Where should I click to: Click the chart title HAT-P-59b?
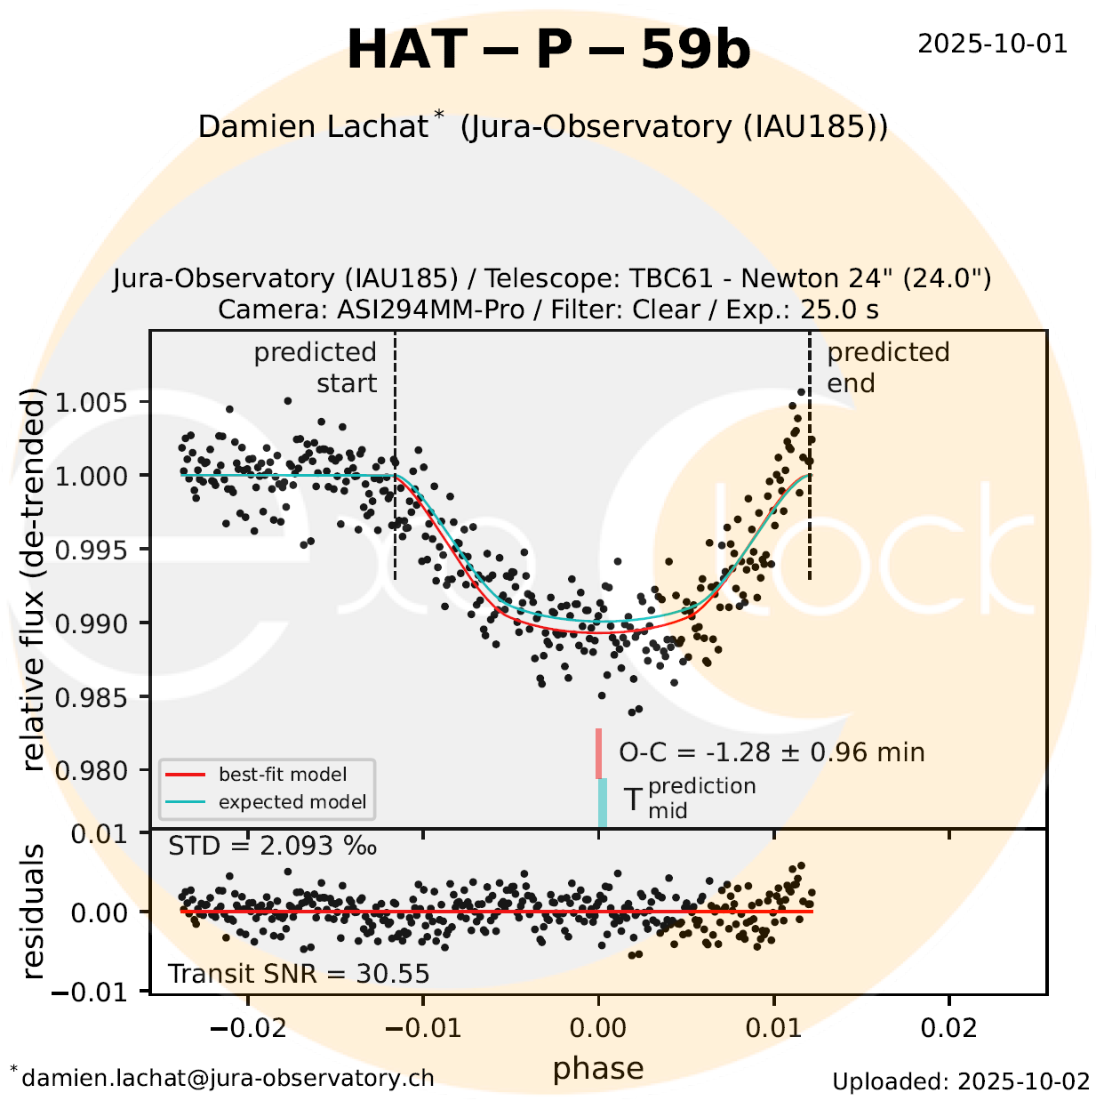coord(548,50)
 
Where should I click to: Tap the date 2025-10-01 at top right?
coord(992,44)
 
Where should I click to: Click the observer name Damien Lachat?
coord(313,126)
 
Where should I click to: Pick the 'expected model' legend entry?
coord(292,802)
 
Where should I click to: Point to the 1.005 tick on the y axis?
coord(91,403)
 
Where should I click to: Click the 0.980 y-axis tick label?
coord(91,770)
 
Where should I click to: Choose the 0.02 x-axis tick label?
coord(949,1028)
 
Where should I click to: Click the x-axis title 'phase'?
coord(598,1068)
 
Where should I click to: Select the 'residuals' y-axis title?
coord(33,912)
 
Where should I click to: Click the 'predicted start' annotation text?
coord(316,367)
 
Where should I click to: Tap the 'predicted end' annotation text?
coord(887,367)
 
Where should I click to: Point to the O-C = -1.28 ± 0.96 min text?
coord(772,752)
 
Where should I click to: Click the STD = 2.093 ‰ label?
coord(272,846)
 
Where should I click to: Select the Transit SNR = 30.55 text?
coord(299,974)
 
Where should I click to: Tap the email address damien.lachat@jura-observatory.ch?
coord(228,1078)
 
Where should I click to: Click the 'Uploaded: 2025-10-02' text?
coord(961,1081)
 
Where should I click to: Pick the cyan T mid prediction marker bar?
coord(603,802)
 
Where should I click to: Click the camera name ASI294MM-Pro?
coord(430,309)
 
